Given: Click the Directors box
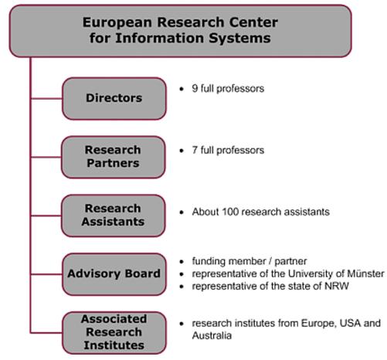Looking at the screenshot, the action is point(114,99).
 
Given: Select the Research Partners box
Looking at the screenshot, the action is point(114,157).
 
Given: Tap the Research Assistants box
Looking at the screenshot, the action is point(114,216).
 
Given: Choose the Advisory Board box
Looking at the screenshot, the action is point(114,274).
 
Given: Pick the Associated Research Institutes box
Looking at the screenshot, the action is point(114,333).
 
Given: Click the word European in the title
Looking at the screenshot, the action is point(117,22).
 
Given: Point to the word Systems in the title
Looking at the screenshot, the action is point(239,38).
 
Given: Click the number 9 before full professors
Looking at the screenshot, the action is point(195,88).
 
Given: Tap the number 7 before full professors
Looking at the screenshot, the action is point(195,150).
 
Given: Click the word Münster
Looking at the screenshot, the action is point(365,273).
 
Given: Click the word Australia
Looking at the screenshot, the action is point(212,335).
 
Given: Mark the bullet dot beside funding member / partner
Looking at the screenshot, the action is point(182,262).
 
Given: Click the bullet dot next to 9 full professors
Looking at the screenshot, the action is point(182,89).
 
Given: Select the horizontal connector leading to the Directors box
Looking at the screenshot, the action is point(46,99).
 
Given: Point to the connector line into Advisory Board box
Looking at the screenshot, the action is point(46,274).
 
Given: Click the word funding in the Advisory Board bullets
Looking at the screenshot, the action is point(209,261).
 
